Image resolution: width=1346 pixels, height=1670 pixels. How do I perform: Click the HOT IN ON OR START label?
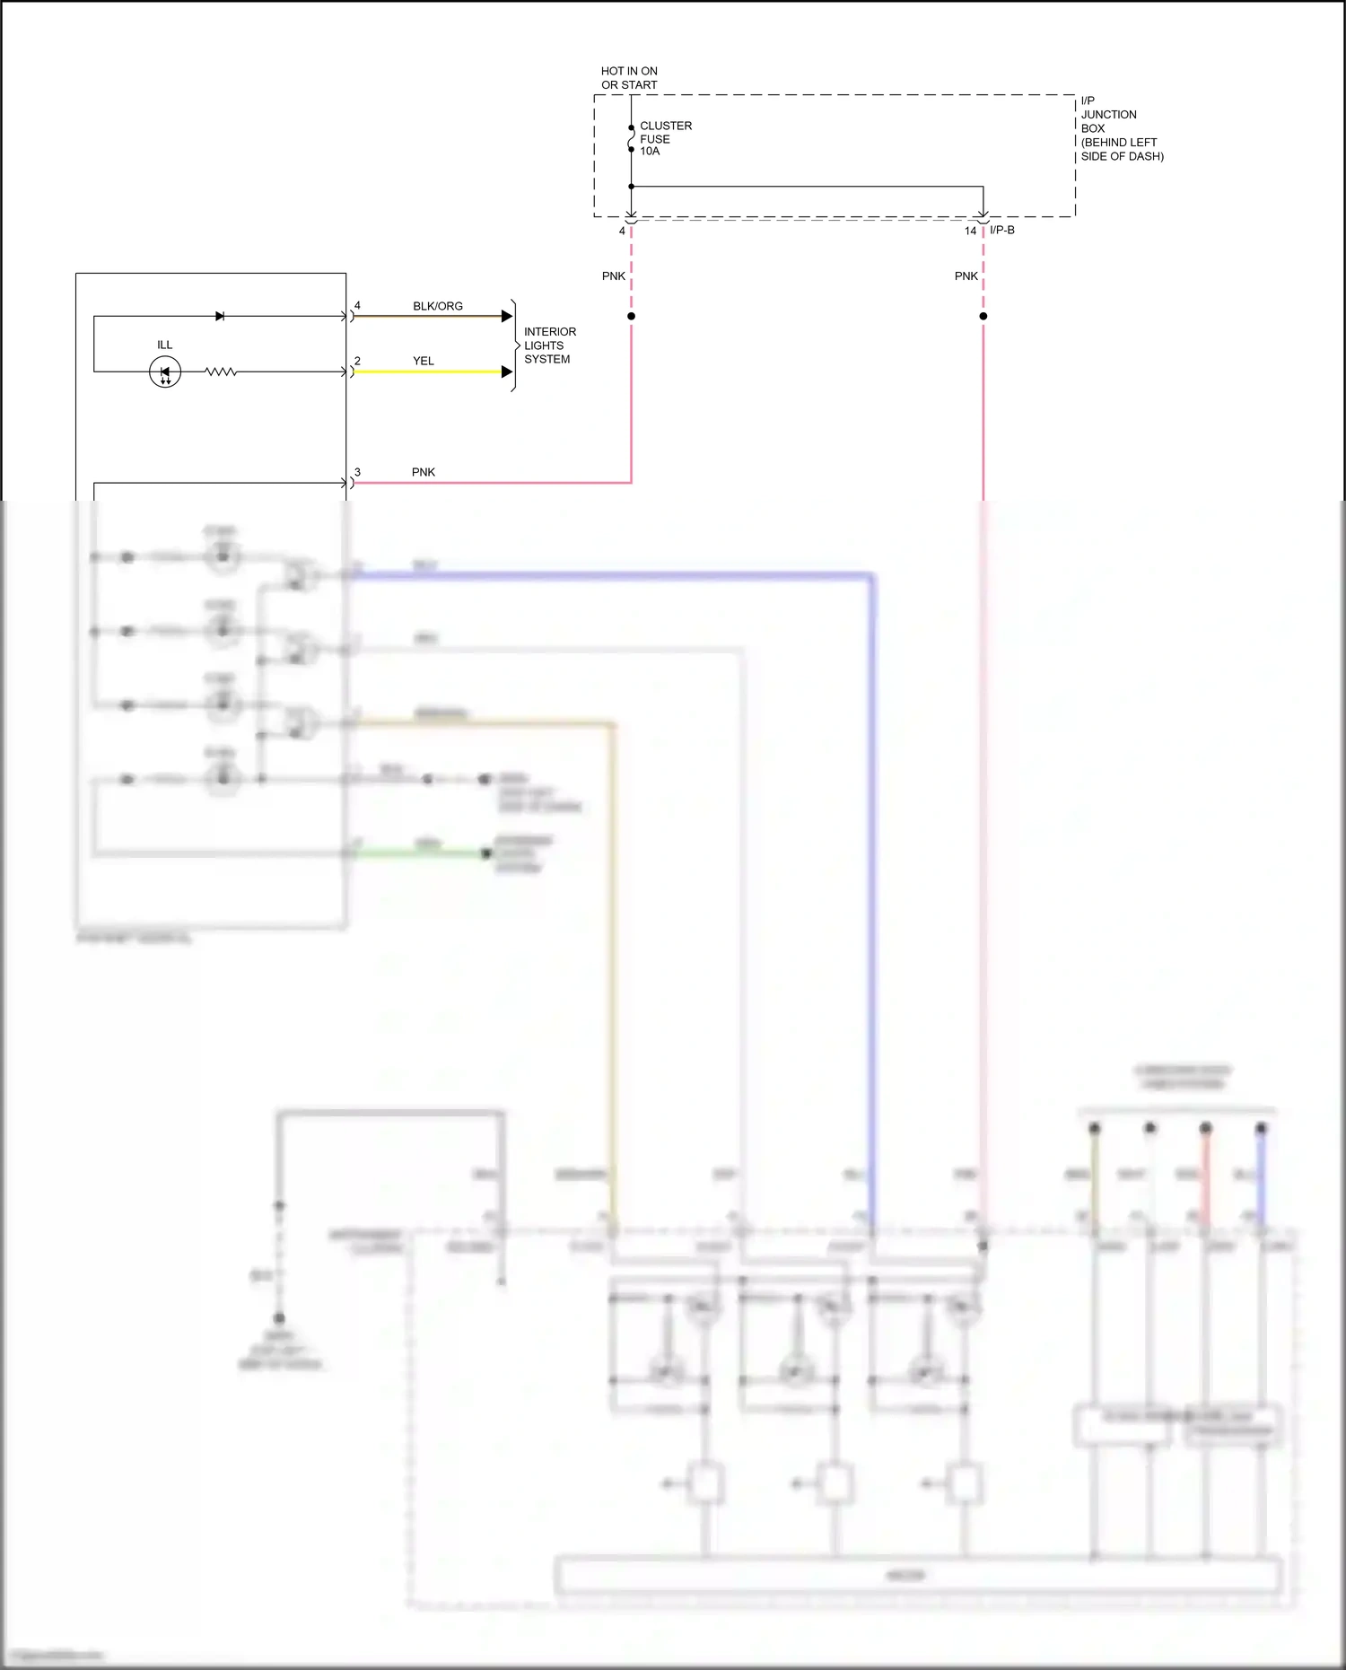click(x=629, y=78)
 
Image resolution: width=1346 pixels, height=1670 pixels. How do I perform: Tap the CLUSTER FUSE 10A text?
click(x=665, y=138)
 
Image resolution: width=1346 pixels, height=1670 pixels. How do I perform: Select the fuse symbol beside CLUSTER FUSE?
click(x=631, y=139)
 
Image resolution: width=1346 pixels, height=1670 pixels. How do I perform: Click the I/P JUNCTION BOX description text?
click(x=1121, y=128)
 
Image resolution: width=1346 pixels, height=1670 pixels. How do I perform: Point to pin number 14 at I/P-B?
click(x=970, y=231)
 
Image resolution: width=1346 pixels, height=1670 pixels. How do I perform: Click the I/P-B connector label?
click(x=1002, y=230)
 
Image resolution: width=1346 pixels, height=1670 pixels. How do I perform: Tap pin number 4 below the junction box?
click(x=622, y=231)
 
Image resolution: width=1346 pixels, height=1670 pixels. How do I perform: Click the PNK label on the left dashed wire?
click(x=614, y=275)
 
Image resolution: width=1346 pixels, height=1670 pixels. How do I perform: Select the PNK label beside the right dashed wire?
click(x=966, y=275)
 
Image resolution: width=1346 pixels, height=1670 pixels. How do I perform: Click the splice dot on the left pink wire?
click(x=631, y=316)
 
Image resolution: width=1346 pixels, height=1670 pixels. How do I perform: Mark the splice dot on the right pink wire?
click(x=983, y=316)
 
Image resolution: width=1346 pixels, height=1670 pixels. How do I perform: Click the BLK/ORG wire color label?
click(x=438, y=306)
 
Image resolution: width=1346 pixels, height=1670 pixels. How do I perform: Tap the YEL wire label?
click(x=424, y=361)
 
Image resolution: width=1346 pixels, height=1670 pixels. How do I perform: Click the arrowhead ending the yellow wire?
click(x=507, y=372)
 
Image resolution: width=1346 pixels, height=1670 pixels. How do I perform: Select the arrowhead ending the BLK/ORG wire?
click(x=507, y=316)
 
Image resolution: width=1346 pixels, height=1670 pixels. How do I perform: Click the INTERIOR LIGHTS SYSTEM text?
click(x=549, y=345)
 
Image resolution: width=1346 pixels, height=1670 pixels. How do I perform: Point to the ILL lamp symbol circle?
click(x=165, y=372)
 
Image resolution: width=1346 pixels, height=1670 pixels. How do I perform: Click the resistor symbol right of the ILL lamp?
click(x=221, y=372)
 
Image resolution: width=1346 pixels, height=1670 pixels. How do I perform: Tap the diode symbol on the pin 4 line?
click(x=220, y=316)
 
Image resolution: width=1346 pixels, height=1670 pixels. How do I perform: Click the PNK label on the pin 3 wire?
click(x=424, y=472)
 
